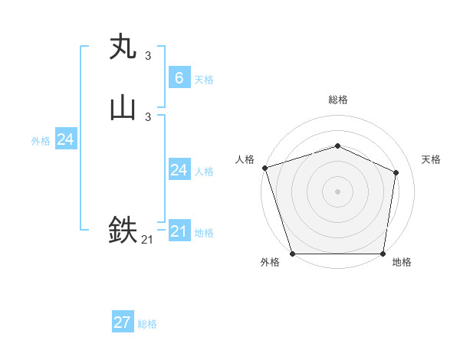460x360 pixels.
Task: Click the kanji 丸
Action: click(x=123, y=47)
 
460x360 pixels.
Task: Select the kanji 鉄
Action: click(x=123, y=230)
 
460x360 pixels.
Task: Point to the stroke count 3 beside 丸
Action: click(x=148, y=56)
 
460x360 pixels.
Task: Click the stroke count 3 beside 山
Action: click(x=148, y=117)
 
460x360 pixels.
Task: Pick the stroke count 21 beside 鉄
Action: click(x=147, y=240)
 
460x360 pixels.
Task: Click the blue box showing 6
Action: click(x=179, y=78)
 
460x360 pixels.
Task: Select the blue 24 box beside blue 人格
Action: click(x=179, y=170)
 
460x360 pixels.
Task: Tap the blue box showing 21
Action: click(x=179, y=231)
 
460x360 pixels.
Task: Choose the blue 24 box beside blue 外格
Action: click(x=65, y=139)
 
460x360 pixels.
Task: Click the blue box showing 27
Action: click(x=123, y=322)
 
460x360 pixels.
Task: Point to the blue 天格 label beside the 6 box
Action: click(x=204, y=80)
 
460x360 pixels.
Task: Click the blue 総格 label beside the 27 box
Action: click(x=147, y=324)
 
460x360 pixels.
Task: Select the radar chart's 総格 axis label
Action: click(x=338, y=100)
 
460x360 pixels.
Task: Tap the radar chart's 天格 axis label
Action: click(x=432, y=159)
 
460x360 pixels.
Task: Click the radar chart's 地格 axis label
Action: click(x=402, y=263)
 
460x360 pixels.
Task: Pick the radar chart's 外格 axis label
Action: click(x=270, y=263)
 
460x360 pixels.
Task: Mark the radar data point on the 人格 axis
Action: click(x=264, y=168)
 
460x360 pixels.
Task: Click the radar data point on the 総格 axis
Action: click(x=337, y=146)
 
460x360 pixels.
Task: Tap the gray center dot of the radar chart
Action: click(x=337, y=191)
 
